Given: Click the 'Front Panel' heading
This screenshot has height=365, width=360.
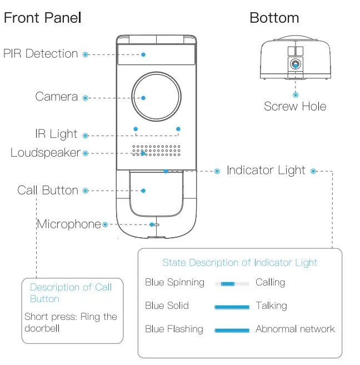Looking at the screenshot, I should (x=43, y=18).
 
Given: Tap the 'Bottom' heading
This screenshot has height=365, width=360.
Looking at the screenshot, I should (x=274, y=18).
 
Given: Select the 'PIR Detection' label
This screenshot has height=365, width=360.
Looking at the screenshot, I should (x=41, y=54).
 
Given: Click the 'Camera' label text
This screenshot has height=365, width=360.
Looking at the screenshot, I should (x=56, y=97).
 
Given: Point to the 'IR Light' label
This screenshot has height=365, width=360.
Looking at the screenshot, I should (x=56, y=134).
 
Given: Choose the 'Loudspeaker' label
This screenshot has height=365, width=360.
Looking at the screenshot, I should (x=45, y=152).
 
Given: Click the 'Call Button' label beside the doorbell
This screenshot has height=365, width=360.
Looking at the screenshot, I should (x=48, y=190).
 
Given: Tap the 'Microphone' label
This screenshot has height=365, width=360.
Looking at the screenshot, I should (x=69, y=224).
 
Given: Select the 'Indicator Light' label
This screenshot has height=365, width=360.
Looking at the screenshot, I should (x=266, y=171).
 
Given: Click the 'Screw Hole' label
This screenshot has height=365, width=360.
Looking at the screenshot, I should (x=294, y=106).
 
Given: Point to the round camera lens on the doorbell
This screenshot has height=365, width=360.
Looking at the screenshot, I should (x=156, y=97).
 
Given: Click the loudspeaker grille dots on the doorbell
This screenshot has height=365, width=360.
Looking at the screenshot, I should (x=156, y=151).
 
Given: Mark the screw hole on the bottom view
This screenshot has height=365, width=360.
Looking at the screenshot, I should (x=295, y=64).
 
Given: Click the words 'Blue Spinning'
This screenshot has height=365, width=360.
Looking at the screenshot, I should (x=174, y=282).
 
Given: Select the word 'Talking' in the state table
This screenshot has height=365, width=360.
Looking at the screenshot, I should (x=271, y=306).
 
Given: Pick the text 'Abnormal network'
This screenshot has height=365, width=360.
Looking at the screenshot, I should (x=295, y=329).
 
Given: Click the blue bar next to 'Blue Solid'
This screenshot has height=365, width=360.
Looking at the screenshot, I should (x=232, y=306).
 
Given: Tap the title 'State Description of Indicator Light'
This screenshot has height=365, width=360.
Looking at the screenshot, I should (x=239, y=263).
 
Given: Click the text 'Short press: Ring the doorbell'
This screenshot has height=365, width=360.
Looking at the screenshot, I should (x=71, y=322).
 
